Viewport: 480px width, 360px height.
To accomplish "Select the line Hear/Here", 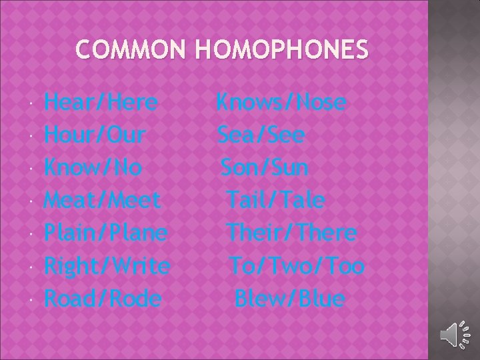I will coord(101,103).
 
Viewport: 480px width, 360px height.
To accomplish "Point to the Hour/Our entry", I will coord(95,135).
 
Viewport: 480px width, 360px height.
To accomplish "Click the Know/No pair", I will coord(93,167).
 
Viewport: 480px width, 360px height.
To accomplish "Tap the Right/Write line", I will coord(107,266).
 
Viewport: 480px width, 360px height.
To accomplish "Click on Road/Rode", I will coord(103,298).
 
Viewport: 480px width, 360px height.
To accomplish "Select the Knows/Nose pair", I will coord(281,103).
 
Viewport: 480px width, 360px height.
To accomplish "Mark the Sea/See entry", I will coord(261,135).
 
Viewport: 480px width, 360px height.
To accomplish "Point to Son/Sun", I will coord(265,167).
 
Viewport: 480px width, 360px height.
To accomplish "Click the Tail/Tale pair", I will coord(275,199).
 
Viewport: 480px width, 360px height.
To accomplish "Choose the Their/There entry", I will coord(291,233).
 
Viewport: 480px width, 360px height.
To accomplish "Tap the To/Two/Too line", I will coord(297,266).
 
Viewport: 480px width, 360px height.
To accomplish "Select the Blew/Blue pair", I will coord(290,298).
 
